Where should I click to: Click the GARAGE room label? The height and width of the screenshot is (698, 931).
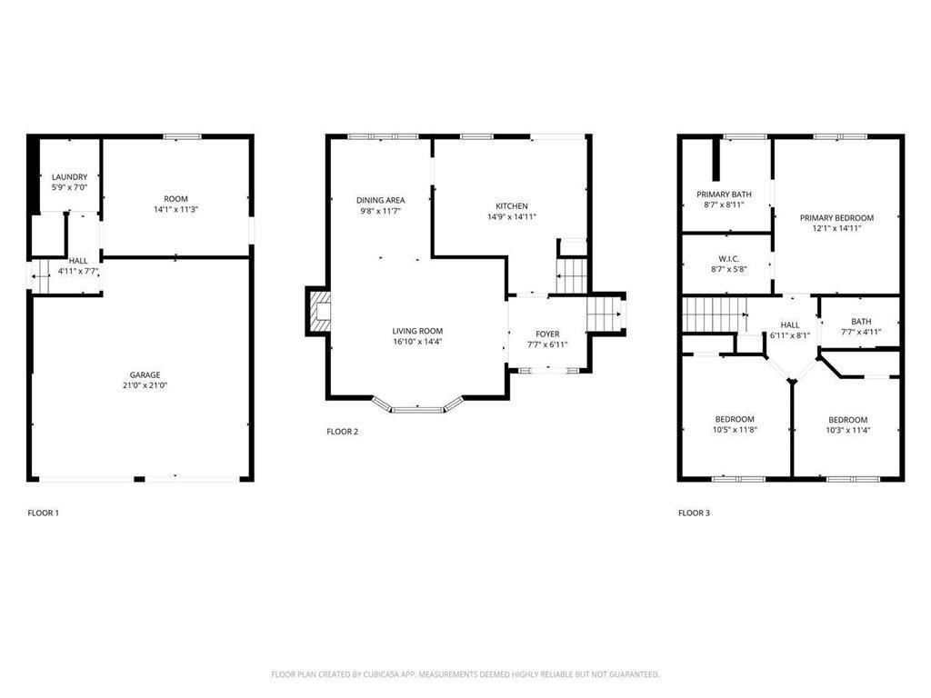(145, 374)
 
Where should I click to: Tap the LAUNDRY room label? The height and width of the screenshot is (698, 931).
(70, 177)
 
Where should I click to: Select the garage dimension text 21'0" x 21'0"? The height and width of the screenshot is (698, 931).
(145, 385)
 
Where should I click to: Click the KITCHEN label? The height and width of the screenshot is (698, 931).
(511, 206)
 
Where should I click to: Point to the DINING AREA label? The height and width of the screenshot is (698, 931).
(380, 200)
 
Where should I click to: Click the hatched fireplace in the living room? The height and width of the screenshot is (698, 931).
(319, 311)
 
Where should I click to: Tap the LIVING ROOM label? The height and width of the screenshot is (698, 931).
(417, 331)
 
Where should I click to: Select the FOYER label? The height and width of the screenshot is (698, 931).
(547, 334)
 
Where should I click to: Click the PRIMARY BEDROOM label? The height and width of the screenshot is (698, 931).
(836, 218)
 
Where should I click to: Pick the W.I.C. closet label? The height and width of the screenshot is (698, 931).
(727, 259)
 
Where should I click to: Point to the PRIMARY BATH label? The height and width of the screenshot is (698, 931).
(724, 194)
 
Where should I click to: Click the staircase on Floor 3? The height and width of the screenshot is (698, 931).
(713, 314)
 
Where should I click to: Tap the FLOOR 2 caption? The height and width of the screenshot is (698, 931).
(343, 432)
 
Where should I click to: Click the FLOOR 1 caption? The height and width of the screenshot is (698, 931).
(43, 514)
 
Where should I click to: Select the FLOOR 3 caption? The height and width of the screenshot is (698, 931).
(694, 514)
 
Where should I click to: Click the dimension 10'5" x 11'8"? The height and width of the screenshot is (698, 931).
(734, 430)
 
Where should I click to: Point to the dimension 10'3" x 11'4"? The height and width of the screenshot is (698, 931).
(847, 431)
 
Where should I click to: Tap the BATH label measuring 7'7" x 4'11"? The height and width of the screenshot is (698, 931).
(861, 322)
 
